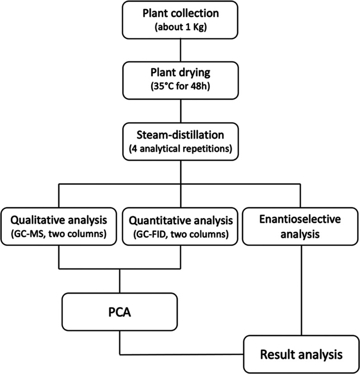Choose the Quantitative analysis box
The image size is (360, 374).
(x=181, y=226)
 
